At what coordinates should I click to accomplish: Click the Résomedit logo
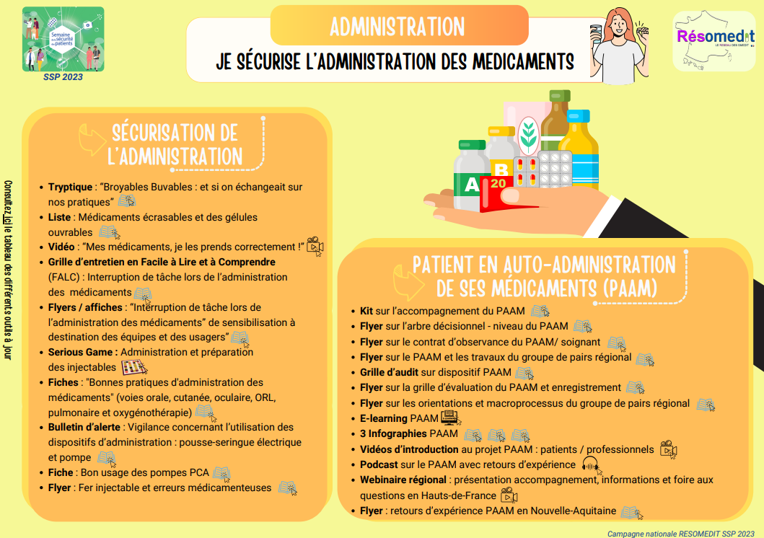coord(713,40)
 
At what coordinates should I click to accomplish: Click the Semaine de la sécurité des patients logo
coord(63,39)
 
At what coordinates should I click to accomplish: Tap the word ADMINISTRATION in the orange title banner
coord(398,27)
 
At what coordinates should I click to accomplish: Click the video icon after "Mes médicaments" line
coord(315,246)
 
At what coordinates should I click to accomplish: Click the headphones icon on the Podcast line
coord(590,465)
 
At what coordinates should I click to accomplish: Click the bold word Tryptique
coord(71,187)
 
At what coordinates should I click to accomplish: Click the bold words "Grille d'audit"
coord(390,373)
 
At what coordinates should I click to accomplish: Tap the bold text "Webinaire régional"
coord(403,480)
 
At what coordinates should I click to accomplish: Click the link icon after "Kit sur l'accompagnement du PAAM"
coord(540,312)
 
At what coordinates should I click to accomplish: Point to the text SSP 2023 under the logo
coord(63,76)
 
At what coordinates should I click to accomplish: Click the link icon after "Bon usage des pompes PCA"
coord(221,474)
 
